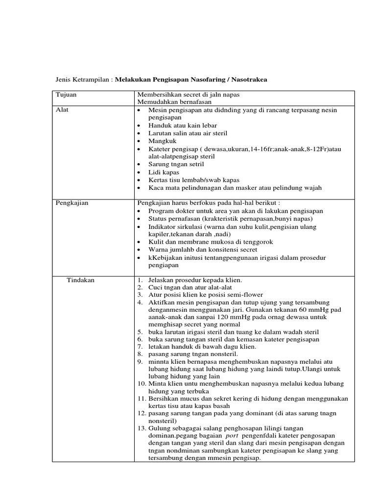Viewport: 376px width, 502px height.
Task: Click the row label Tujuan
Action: pos(66,94)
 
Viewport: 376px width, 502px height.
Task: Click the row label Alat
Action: pos(62,110)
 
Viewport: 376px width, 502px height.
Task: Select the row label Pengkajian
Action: pos(72,203)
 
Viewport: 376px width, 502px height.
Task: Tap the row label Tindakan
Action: pos(81,280)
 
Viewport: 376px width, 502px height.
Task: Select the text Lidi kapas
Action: pos(163,172)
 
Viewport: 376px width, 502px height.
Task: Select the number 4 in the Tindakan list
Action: pos(140,303)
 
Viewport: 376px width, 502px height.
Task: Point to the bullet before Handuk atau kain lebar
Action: pos(140,125)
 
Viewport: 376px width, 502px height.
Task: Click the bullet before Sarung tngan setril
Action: pos(140,165)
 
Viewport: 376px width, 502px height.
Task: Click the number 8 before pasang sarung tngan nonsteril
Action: pos(140,354)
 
